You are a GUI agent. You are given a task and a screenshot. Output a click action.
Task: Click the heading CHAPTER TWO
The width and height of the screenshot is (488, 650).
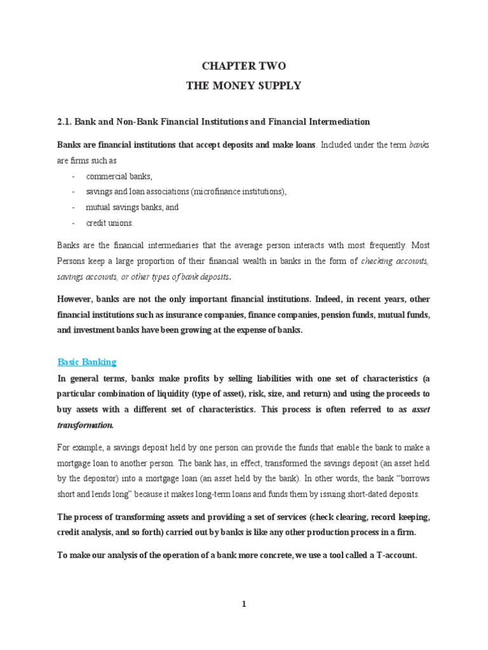point(244,66)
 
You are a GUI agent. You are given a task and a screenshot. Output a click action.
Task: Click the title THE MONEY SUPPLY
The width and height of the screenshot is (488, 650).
point(244,85)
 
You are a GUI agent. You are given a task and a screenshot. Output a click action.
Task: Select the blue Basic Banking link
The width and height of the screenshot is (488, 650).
point(87,362)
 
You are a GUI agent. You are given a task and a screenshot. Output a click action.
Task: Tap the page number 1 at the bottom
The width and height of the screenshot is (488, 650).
point(244,604)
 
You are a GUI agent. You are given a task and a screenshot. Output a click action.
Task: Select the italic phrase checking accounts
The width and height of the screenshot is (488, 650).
point(395,260)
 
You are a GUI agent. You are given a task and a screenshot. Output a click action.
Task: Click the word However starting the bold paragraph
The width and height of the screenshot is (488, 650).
point(77,299)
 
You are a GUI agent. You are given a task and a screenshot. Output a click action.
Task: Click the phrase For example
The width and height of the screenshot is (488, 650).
point(79,447)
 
